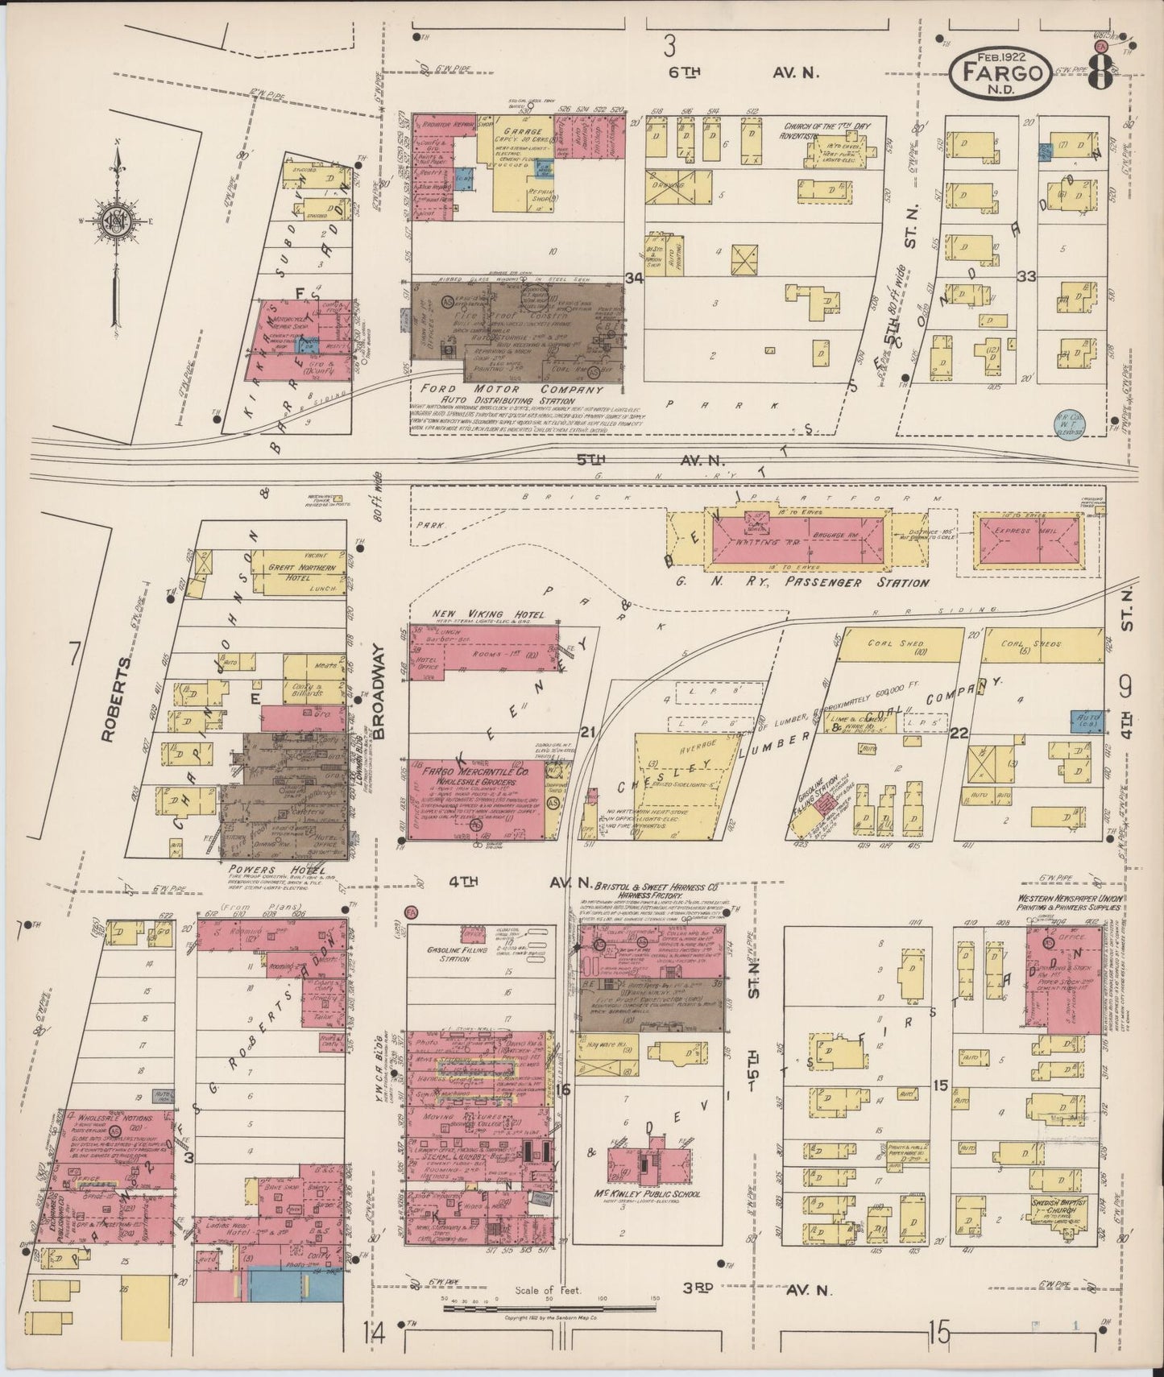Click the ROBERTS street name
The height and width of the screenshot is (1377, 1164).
(110, 697)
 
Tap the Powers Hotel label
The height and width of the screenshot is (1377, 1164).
(265, 870)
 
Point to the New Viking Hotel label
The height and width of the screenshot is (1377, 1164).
(478, 615)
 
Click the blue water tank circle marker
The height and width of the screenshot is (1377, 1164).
(1067, 420)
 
